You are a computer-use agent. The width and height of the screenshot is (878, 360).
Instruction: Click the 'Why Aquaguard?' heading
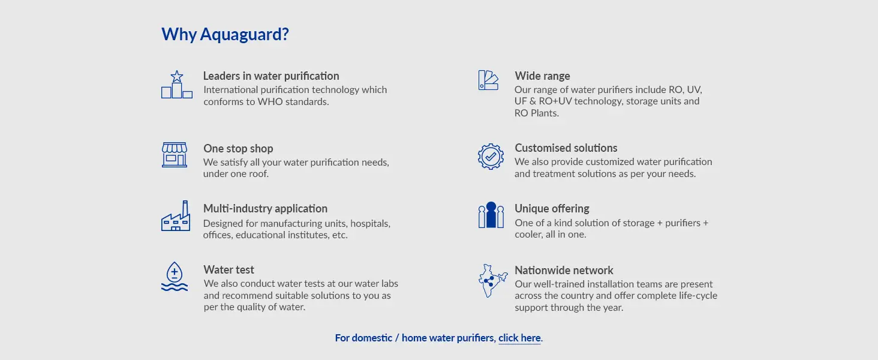pos(225,35)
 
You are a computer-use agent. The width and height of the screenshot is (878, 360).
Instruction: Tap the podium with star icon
pos(177,85)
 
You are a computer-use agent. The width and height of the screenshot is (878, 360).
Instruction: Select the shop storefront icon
pos(175,155)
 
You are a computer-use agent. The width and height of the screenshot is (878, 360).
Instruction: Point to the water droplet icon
pos(175,277)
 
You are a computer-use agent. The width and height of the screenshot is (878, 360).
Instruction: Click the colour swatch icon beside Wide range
pos(488,80)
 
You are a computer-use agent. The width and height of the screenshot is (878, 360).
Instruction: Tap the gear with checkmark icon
pos(491,157)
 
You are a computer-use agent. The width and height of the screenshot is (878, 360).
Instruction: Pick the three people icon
pos(491,215)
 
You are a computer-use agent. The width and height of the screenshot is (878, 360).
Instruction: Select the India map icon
pos(492,281)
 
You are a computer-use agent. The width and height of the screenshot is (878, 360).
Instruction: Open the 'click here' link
pos(519,338)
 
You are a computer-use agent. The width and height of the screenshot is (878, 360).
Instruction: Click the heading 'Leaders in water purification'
pos(271,76)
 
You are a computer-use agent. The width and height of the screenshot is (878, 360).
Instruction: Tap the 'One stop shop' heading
pos(238,149)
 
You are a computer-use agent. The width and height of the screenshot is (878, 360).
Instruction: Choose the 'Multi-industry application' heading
pos(265,209)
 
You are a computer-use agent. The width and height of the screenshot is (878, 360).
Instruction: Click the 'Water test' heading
pos(228,270)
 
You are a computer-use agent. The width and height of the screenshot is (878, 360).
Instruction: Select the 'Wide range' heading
pos(542,76)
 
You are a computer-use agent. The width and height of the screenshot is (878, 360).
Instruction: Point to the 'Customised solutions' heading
pos(566,148)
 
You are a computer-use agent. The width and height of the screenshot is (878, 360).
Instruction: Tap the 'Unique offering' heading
pos(552,209)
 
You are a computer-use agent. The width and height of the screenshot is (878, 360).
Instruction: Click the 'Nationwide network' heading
pos(564,270)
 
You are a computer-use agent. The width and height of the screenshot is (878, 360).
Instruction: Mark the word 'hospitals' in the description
pos(370,224)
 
